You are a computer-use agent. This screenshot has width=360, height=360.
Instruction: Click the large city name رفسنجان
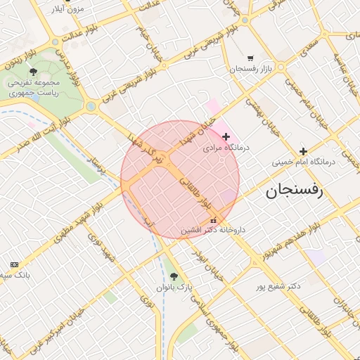pyautogui.click(x=294, y=190)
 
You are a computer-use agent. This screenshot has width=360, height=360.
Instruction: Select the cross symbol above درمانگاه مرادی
pyautogui.click(x=226, y=136)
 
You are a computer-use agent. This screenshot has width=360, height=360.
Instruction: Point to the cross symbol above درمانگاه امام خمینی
pyautogui.click(x=303, y=151)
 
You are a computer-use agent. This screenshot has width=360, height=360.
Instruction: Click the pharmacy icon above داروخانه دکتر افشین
pyautogui.click(x=213, y=220)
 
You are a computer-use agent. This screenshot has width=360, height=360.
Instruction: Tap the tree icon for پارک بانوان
pyautogui.click(x=174, y=276)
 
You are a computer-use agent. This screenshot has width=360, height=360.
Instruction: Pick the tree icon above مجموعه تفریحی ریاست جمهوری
pyautogui.click(x=33, y=71)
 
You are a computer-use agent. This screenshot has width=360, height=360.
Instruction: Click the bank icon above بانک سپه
pyautogui.click(x=15, y=264)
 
